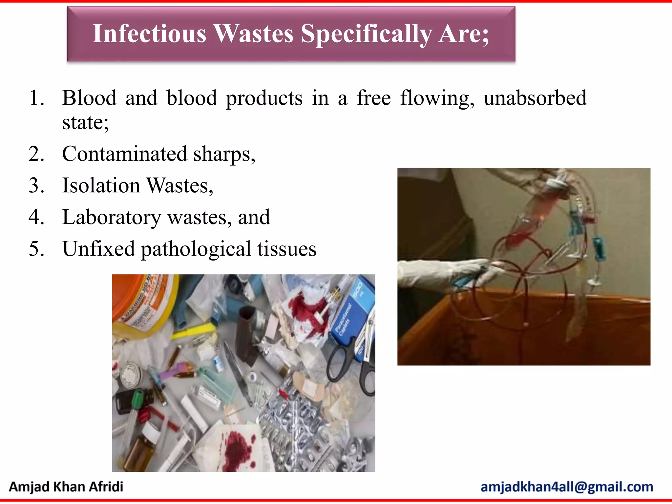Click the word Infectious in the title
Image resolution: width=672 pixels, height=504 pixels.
coord(149,33)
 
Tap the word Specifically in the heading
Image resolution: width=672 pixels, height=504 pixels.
coord(366,34)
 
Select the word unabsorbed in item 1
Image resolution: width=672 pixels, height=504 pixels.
coord(535,98)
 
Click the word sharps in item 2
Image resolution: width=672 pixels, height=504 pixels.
coord(224,154)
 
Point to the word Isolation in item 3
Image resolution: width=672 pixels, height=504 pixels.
coord(101,185)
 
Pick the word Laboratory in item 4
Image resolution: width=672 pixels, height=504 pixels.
coord(112,217)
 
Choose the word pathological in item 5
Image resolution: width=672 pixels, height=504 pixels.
coord(196,249)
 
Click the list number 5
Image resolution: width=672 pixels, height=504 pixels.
coord(36,249)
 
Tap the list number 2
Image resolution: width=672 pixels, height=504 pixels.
coord(36,154)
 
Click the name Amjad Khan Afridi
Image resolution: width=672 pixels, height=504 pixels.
coord(66,487)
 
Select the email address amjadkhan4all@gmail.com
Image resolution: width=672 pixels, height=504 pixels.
coord(567,487)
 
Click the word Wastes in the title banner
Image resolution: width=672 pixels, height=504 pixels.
coord(253,33)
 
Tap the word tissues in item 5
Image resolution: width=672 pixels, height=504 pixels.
coord(287,249)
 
